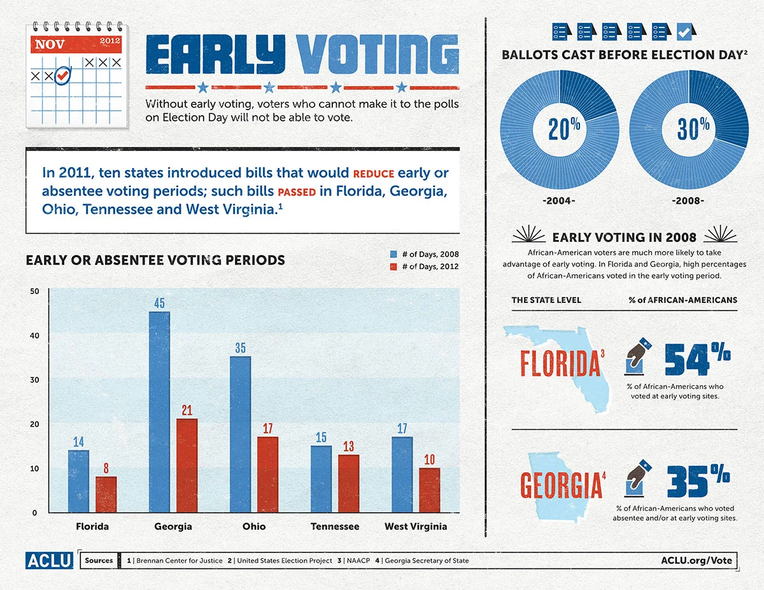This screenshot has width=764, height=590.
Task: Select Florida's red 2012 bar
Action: coord(106,495)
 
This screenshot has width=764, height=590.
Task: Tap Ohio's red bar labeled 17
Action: coord(267,474)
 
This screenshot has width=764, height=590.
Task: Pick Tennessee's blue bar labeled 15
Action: coord(321,479)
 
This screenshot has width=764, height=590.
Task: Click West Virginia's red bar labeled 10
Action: coord(429,490)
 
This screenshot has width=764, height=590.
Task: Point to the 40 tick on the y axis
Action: coord(35,335)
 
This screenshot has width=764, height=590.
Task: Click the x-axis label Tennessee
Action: coord(335,526)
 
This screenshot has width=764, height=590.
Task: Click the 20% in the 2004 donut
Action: coord(564,129)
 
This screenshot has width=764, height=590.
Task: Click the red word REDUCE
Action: coord(374,174)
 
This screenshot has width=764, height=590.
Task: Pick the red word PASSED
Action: coord(297,192)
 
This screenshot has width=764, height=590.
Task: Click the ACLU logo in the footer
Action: coord(50,560)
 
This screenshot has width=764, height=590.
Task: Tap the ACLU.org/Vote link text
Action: coord(697,560)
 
